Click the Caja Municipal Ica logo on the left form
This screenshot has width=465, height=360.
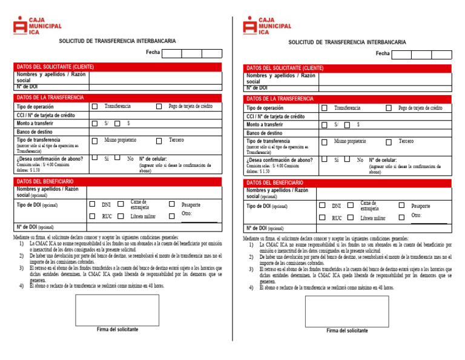point(37,25)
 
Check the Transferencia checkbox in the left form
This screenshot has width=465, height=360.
point(94,106)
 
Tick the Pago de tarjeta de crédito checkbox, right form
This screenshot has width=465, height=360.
point(389,108)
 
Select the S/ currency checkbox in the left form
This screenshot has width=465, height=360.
point(94,123)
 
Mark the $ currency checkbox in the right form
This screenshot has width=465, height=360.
point(347,125)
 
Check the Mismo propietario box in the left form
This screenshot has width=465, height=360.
point(94,141)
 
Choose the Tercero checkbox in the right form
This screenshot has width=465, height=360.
point(389,142)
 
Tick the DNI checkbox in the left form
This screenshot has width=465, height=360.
point(93,204)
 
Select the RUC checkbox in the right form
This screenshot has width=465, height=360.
point(323,217)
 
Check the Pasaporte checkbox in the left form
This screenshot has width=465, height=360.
point(172,204)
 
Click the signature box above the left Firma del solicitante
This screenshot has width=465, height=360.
point(117,310)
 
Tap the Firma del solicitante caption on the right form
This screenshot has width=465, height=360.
point(347,331)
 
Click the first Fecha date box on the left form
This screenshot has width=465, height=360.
point(172,53)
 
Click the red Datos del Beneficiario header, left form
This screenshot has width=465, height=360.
point(120,181)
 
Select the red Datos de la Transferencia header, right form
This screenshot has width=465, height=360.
point(349,98)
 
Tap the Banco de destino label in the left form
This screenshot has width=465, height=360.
point(35,132)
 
